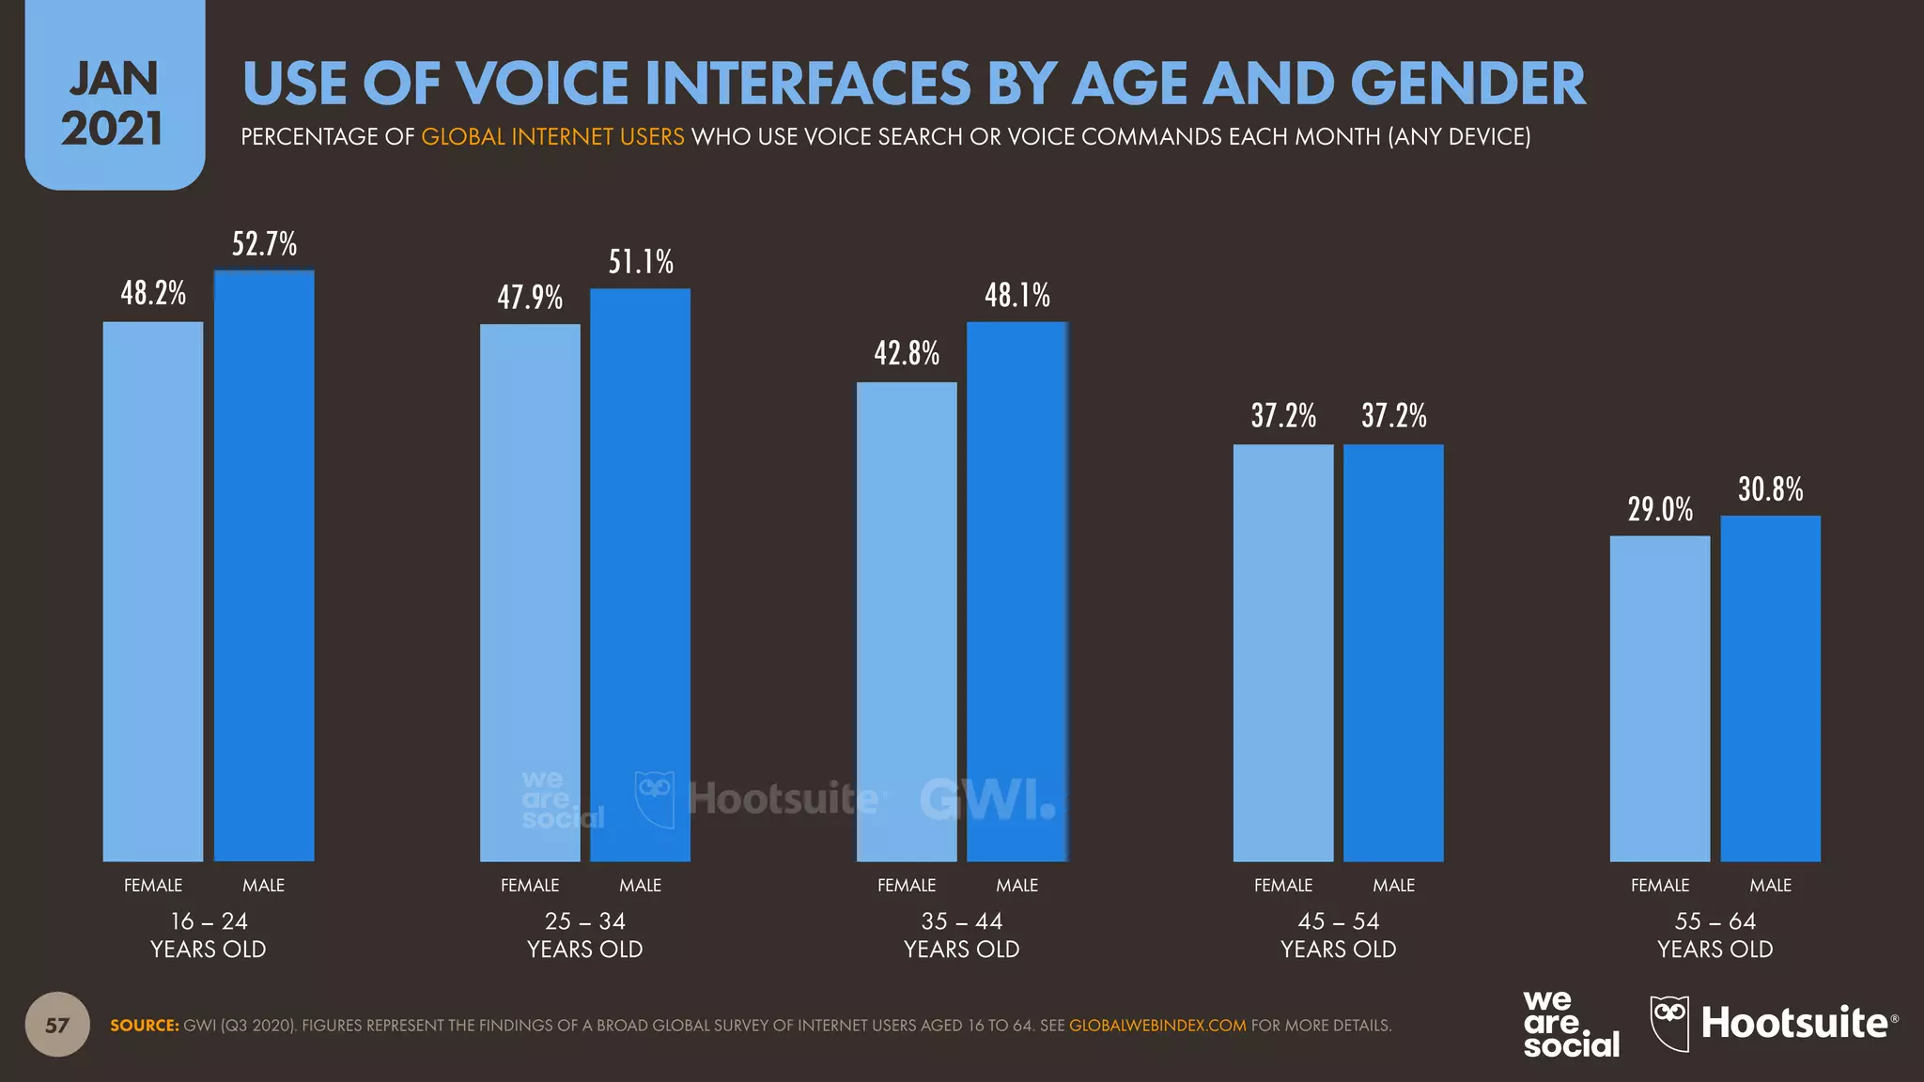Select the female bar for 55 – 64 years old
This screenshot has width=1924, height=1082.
click(1660, 699)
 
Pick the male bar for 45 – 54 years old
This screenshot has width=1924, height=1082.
click(1393, 653)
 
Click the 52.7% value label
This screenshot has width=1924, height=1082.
click(264, 244)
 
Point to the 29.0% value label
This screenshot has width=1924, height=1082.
click(1660, 509)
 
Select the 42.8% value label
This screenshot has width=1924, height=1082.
click(907, 353)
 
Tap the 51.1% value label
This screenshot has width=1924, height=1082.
click(641, 261)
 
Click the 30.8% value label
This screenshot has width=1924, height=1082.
click(1770, 489)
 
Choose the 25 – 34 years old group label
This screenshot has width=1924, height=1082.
click(584, 935)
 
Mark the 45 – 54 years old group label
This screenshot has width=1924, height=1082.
click(1338, 935)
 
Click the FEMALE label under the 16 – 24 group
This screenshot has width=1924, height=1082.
click(153, 885)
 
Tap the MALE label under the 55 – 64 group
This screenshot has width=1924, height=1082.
click(1770, 885)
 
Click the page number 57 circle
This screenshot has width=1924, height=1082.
click(57, 1025)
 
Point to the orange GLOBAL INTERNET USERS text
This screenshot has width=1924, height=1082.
click(552, 137)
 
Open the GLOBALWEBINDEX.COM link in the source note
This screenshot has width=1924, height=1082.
click(1157, 1026)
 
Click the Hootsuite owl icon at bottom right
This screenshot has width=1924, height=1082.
click(1669, 1023)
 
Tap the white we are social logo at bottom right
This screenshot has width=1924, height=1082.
click(1571, 1024)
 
